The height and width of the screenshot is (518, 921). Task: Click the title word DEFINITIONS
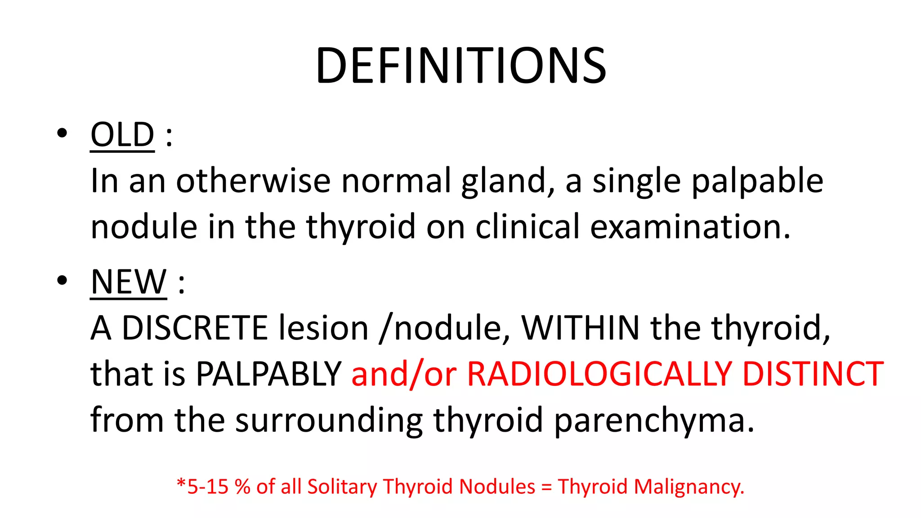click(461, 67)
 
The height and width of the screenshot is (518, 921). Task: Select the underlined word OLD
click(122, 135)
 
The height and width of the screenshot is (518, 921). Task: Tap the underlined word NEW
click(129, 282)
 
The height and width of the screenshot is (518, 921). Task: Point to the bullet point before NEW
click(62, 281)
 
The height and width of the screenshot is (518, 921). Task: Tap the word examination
click(690, 227)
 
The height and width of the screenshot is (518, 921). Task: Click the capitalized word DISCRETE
click(195, 328)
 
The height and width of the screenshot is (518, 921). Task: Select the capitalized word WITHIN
click(580, 328)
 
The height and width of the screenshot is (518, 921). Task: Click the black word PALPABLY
click(268, 374)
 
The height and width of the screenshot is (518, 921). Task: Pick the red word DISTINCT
click(813, 374)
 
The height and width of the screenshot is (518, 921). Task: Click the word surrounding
click(329, 420)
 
